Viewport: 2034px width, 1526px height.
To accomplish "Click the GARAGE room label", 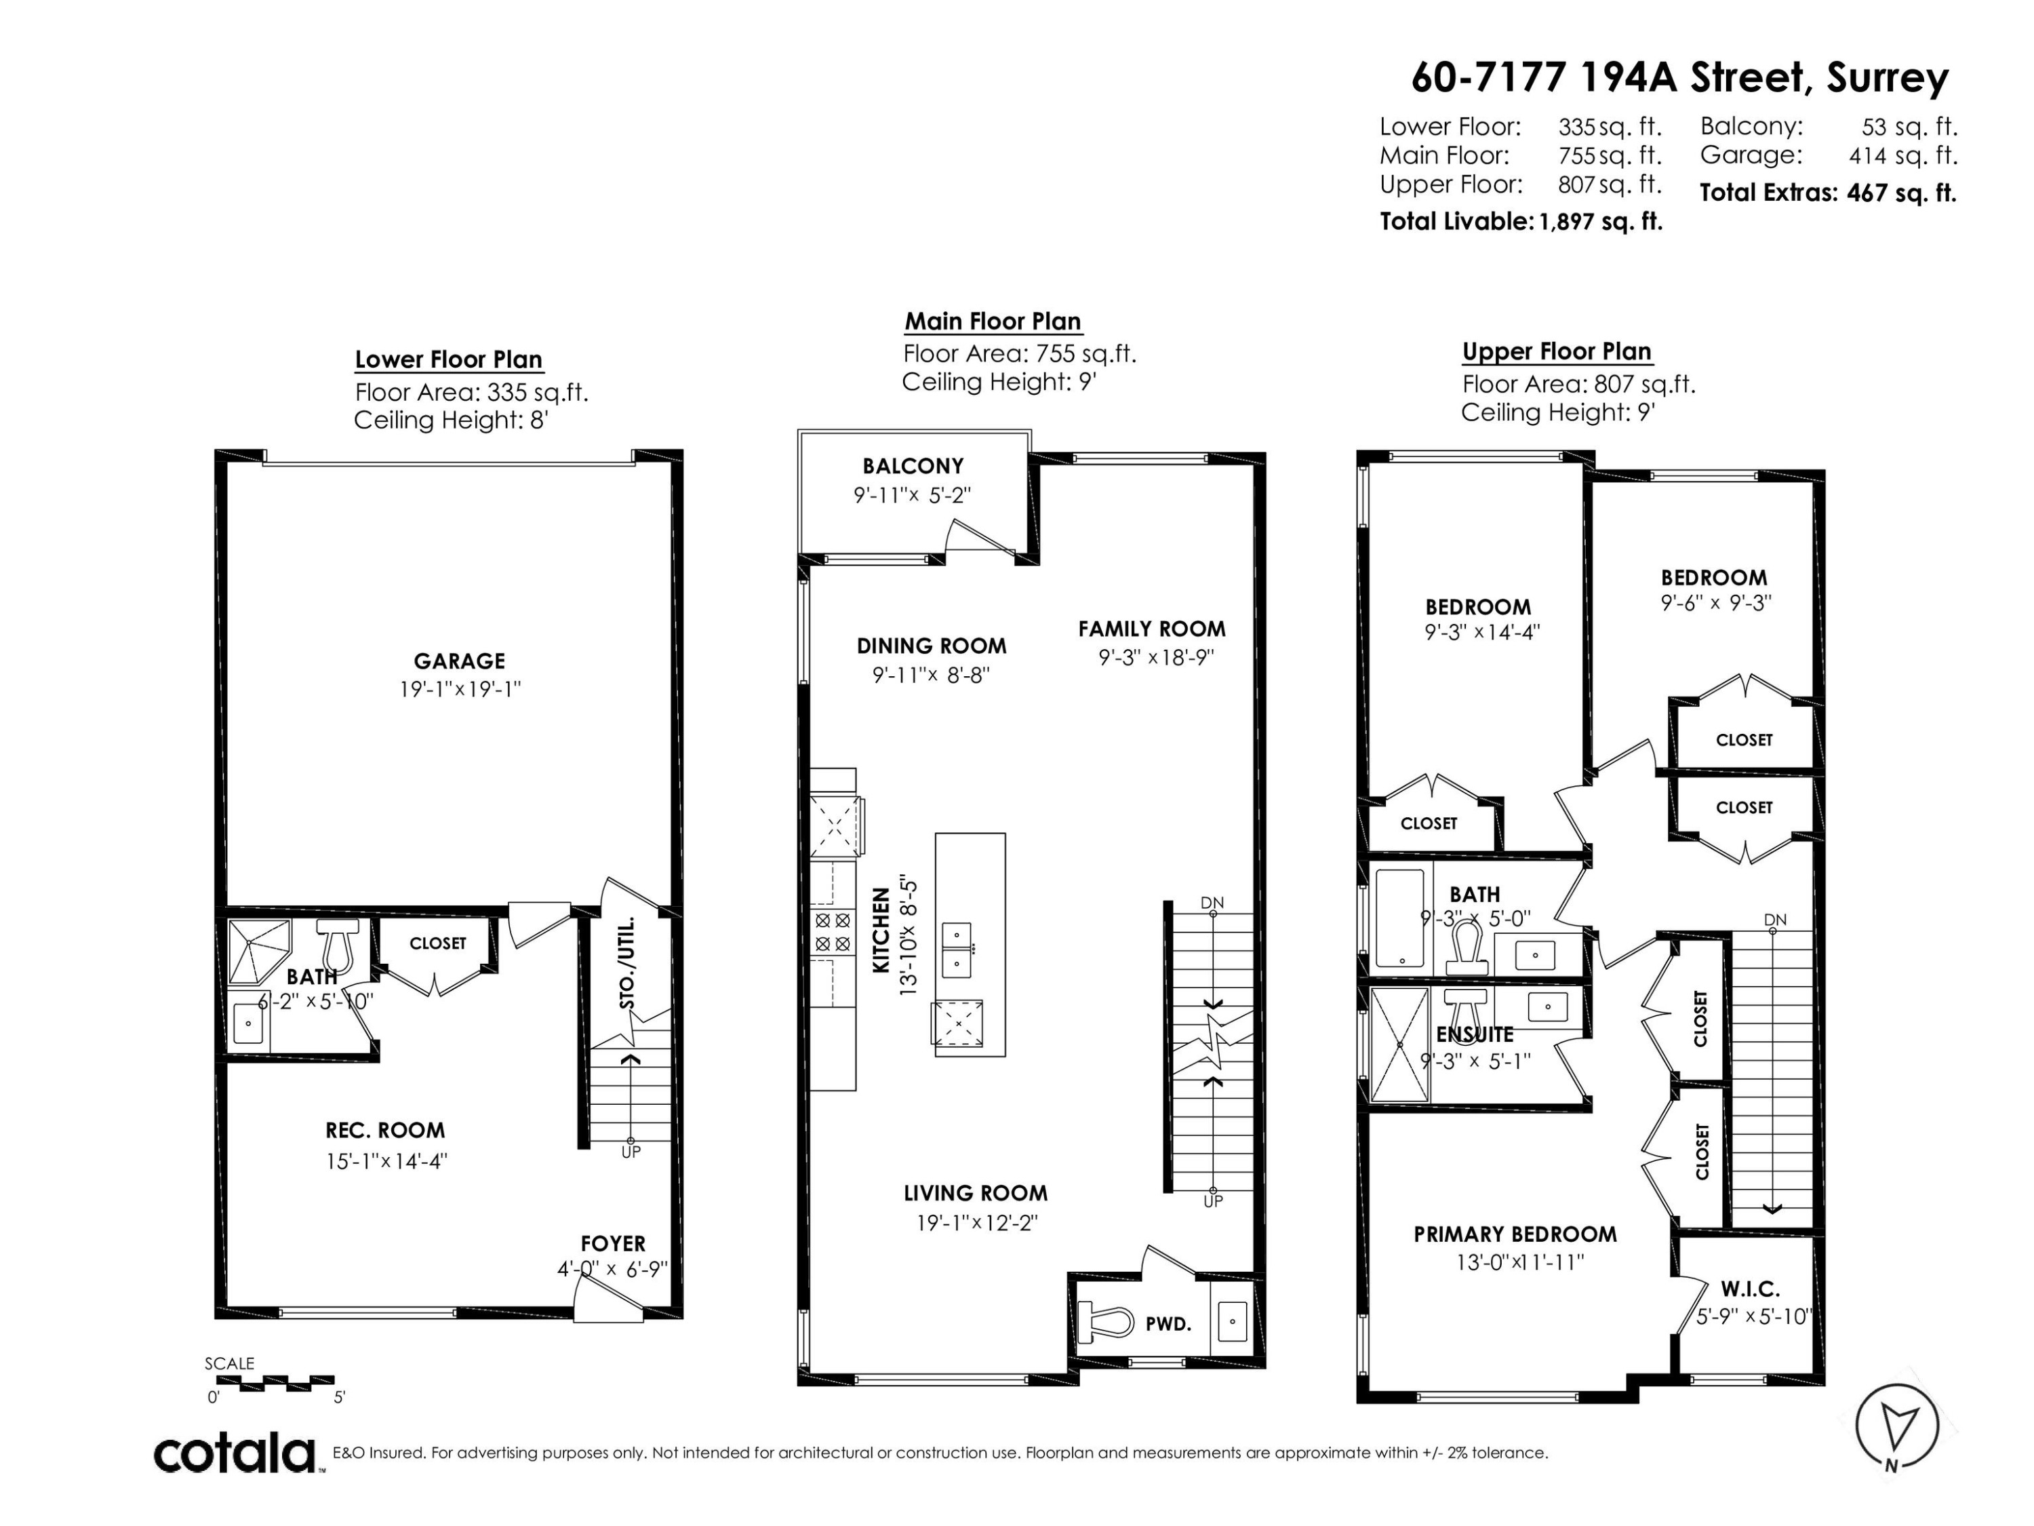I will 459,661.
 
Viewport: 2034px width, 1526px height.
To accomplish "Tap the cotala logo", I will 235,1453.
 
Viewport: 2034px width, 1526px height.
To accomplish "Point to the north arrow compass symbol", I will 1896,1426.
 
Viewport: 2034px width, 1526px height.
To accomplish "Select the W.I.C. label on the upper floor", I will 1750,1289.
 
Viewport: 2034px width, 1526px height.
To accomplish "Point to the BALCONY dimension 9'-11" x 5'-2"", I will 911,496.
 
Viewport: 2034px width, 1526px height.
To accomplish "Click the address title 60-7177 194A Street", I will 1679,77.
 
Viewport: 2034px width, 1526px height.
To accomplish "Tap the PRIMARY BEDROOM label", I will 1515,1234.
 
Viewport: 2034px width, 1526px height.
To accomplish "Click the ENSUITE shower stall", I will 1399,1045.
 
